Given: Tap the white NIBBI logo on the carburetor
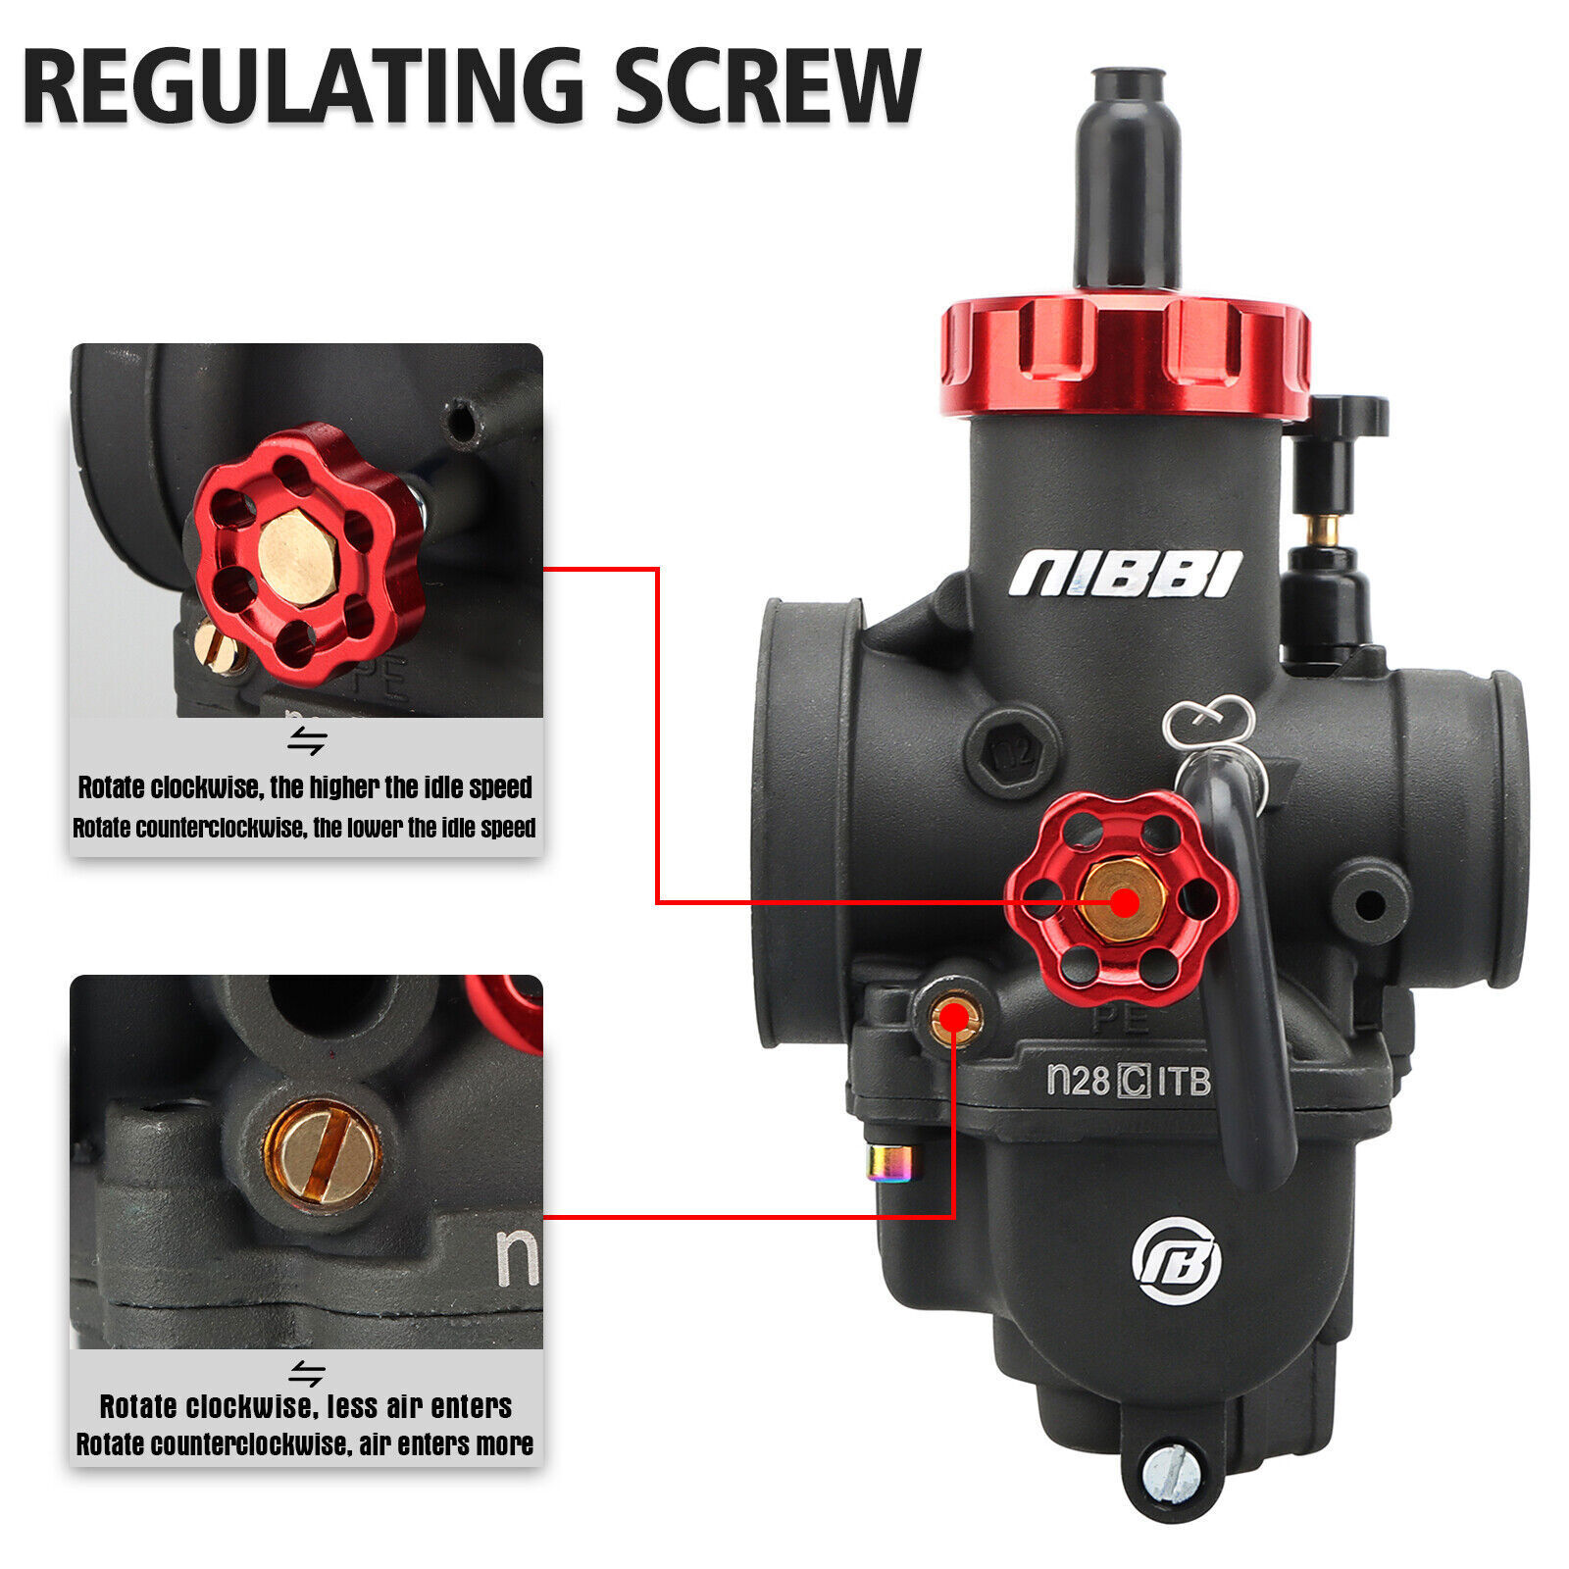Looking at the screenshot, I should (1126, 573).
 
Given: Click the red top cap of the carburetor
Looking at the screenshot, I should (1125, 358).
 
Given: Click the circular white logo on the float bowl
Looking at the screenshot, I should (1177, 1260).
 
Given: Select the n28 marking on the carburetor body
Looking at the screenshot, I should (1078, 1080).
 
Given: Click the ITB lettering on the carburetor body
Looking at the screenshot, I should (1184, 1081).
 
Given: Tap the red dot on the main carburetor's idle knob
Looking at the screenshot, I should (1124, 902).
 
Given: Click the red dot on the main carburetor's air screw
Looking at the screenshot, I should (952, 1021).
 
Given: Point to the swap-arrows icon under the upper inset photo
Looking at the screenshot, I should (306, 741).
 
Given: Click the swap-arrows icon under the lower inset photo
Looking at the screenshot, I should (306, 1372).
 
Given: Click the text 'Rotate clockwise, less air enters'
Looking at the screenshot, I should (306, 1406).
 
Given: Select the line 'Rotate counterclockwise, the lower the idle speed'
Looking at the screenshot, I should (305, 829).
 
